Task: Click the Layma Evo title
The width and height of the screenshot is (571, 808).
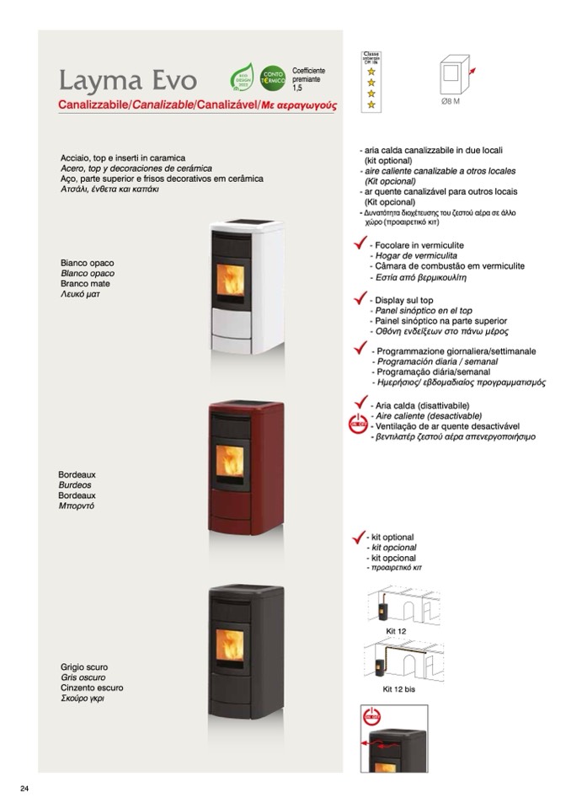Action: (x=127, y=81)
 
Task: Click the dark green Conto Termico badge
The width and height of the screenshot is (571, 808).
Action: (x=272, y=78)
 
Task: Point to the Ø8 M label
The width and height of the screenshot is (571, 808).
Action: (x=451, y=101)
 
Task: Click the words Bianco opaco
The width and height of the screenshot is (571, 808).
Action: (x=87, y=263)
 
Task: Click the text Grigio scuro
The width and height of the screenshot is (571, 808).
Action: (x=84, y=667)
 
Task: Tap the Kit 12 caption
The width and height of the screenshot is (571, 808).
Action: (x=396, y=630)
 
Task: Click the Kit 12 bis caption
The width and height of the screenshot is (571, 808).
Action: (x=398, y=688)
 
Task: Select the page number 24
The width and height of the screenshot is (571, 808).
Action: (x=24, y=789)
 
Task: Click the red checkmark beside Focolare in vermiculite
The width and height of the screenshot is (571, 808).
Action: (x=360, y=245)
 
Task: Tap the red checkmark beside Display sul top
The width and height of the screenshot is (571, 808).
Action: (x=360, y=299)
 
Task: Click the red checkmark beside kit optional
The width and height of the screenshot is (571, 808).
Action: (x=357, y=536)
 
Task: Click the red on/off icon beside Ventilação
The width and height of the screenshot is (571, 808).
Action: (x=358, y=425)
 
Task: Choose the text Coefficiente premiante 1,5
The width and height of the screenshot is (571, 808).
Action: (x=308, y=79)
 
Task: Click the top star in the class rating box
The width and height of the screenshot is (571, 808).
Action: (x=371, y=72)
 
